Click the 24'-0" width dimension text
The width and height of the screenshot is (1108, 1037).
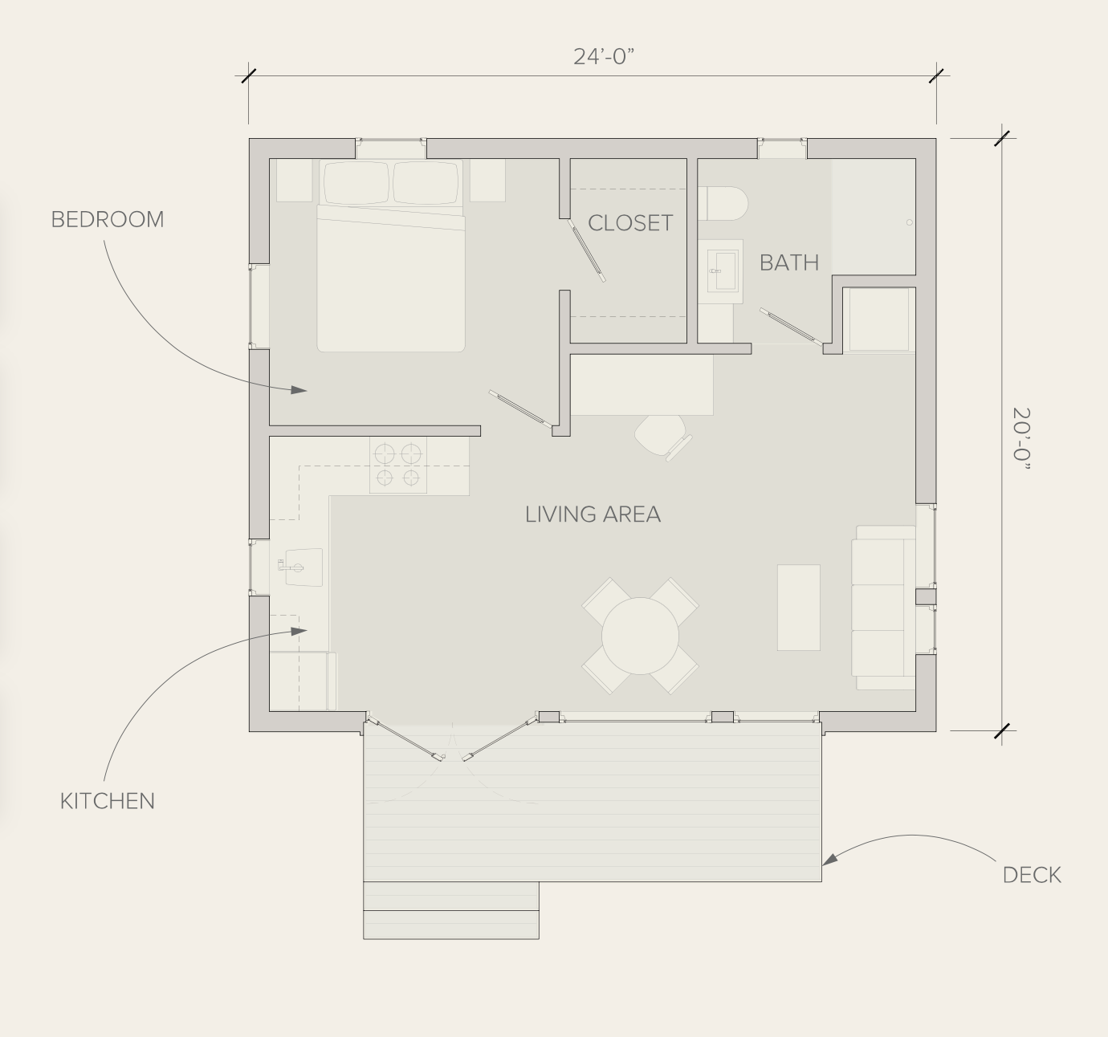(604, 57)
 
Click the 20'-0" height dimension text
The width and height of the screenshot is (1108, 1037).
(1021, 440)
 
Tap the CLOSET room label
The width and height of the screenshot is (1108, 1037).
(630, 223)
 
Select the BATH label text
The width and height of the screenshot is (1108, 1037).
(789, 262)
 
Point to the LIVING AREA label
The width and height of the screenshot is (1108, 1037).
(593, 514)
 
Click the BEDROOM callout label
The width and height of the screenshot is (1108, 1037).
(108, 220)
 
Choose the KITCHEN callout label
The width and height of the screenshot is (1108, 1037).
(108, 801)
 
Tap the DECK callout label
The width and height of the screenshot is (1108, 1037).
(1032, 875)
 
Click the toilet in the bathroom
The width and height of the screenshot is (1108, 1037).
(723, 204)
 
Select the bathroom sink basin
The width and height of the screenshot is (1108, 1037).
(723, 271)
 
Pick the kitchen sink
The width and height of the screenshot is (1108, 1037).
(303, 567)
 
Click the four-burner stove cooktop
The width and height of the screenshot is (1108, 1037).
(397, 466)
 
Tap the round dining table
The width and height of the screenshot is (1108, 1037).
(640, 636)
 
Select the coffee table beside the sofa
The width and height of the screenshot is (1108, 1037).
(798, 608)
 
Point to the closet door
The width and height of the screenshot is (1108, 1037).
(586, 250)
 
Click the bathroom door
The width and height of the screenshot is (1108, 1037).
(791, 327)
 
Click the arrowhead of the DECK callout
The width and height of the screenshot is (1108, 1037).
(829, 859)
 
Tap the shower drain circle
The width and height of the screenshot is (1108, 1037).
(910, 222)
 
